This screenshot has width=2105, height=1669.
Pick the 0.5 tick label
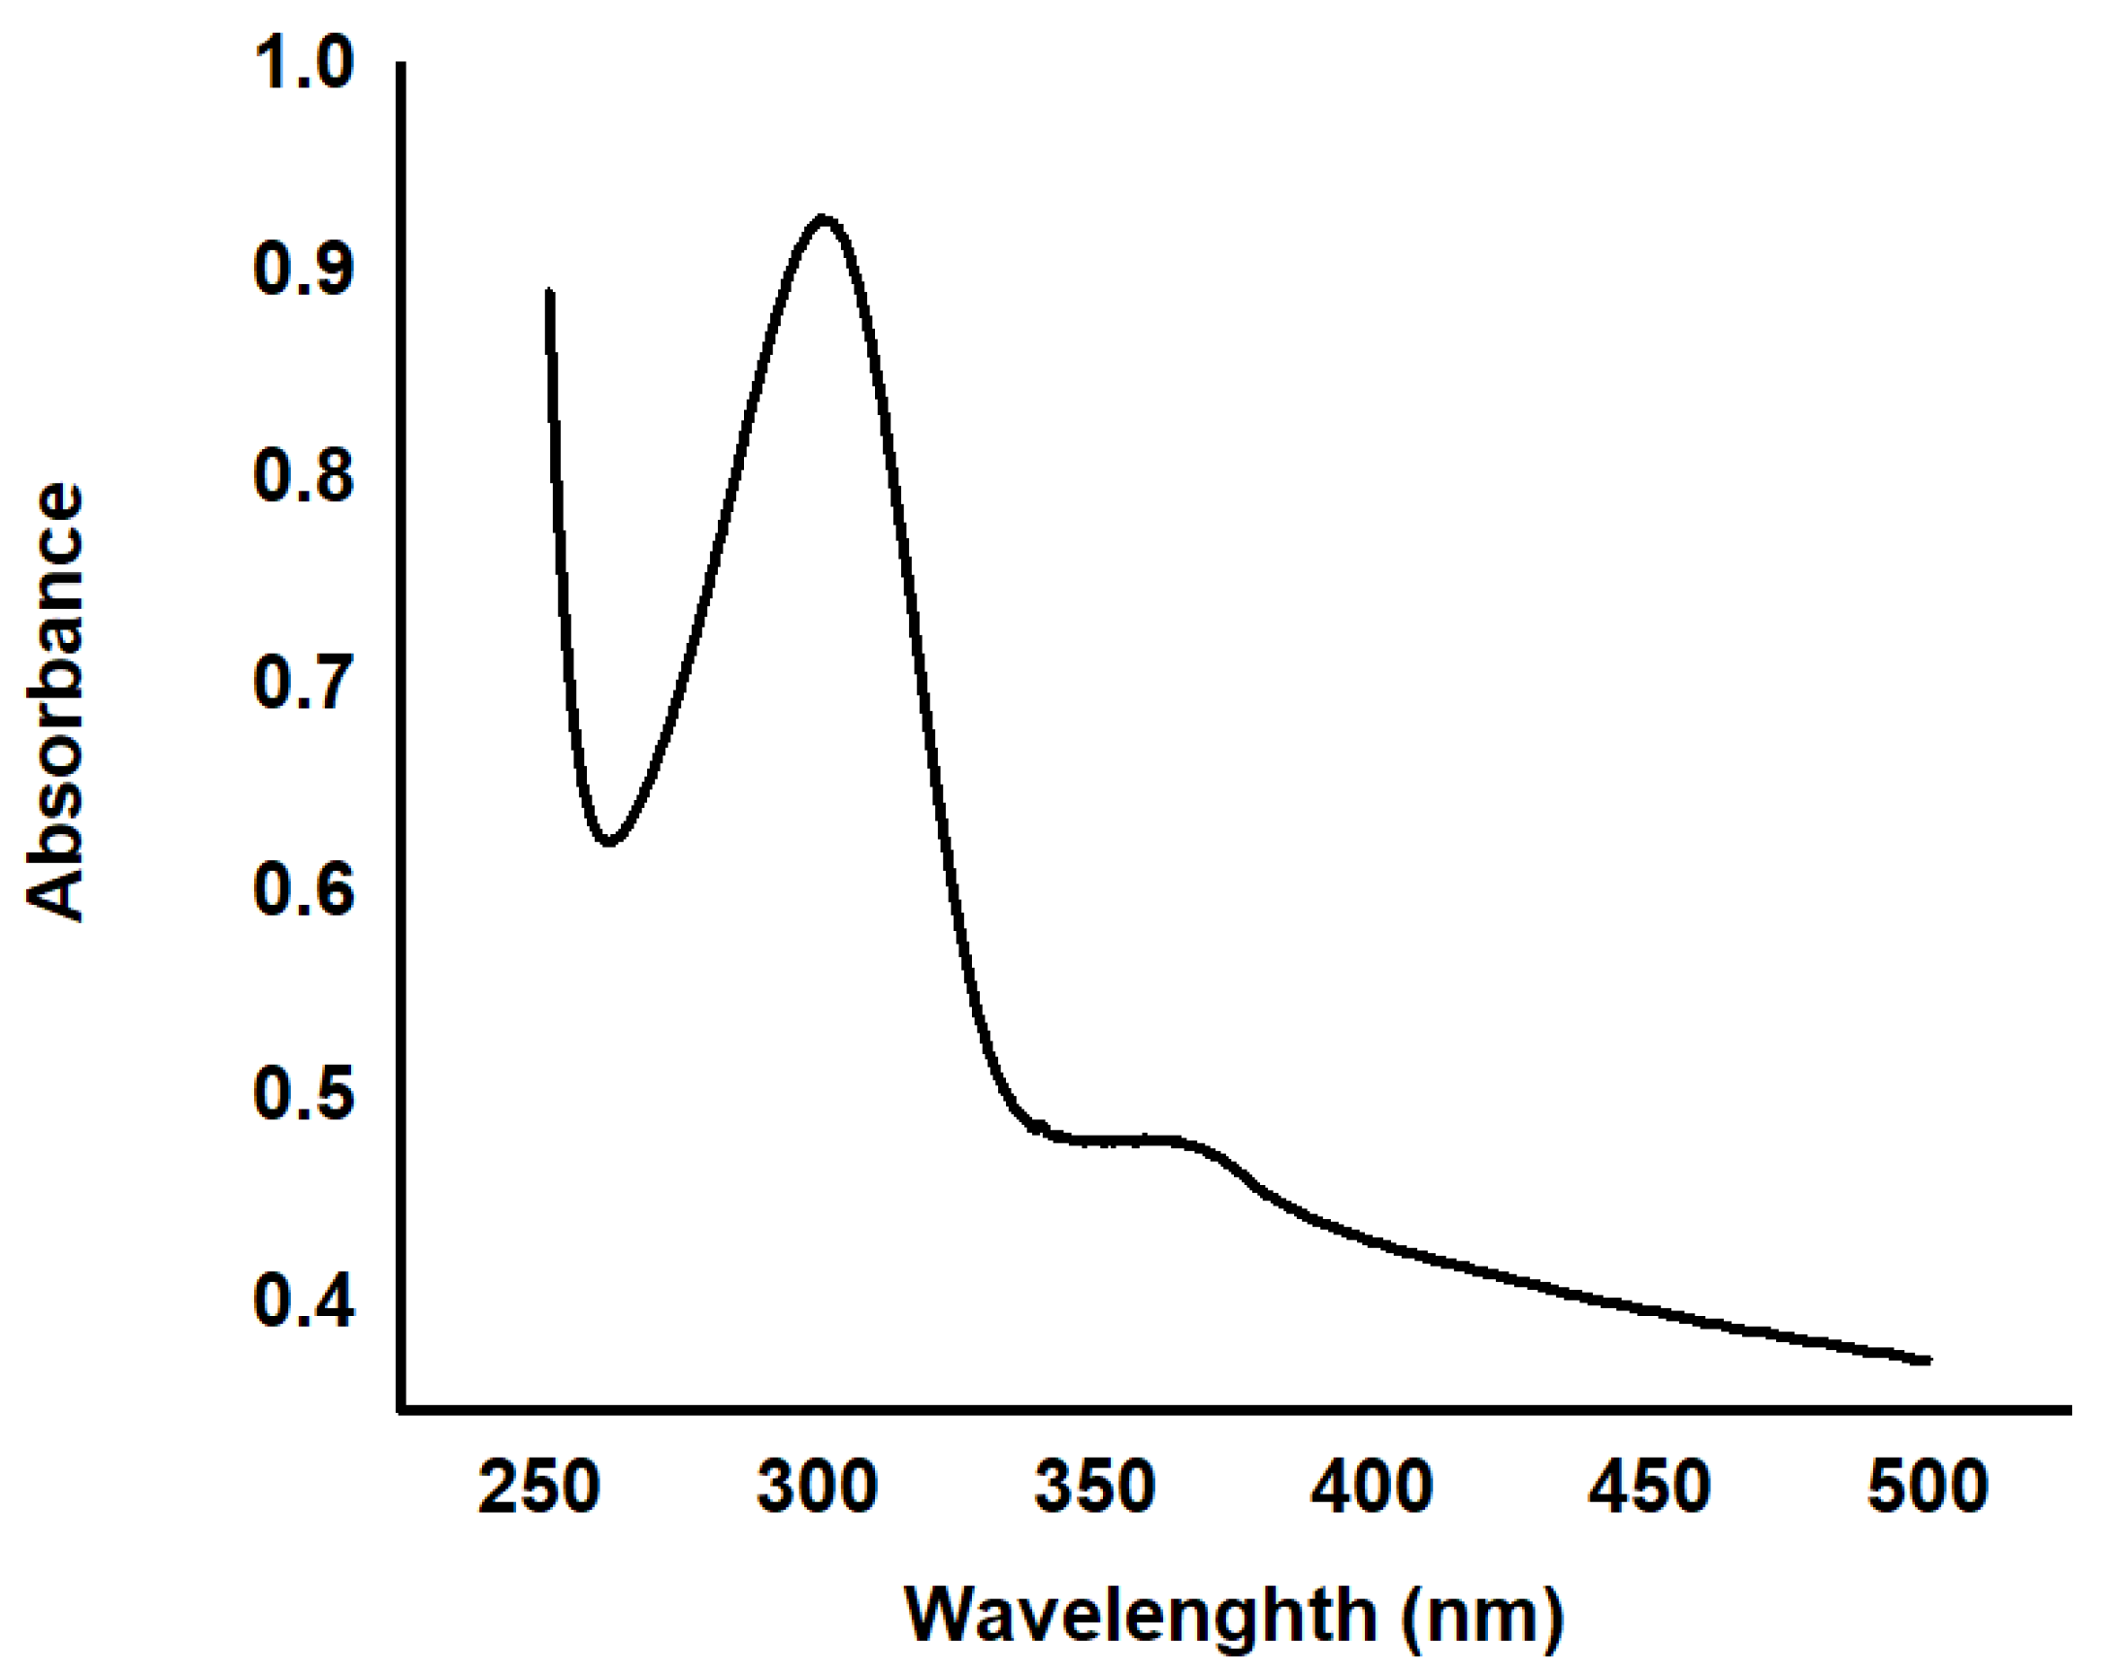click(x=303, y=1094)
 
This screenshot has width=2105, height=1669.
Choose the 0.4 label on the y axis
click(x=303, y=1301)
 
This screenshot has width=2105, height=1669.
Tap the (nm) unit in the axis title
click(x=1481, y=1616)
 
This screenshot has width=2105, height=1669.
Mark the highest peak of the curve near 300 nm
click(x=823, y=217)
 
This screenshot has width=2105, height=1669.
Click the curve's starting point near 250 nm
click(x=550, y=291)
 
